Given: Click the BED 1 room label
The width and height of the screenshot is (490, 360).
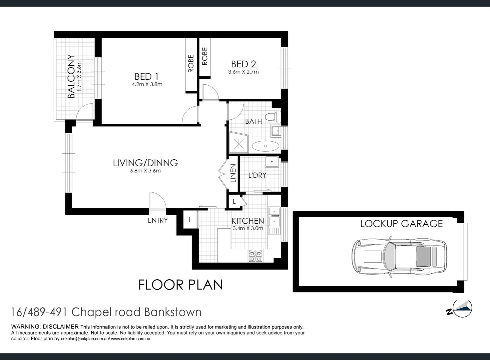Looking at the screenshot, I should (x=147, y=76).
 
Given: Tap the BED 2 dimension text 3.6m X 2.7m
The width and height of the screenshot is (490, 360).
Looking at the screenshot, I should (x=243, y=72).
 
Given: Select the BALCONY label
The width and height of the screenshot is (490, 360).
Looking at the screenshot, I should (x=71, y=76).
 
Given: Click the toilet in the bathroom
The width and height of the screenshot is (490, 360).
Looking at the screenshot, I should (x=275, y=117).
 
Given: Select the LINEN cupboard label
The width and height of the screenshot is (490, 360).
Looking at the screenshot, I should (x=233, y=173).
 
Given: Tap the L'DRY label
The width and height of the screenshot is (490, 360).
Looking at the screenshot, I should (x=257, y=175).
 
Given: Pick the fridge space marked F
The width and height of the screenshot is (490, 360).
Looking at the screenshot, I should (x=190, y=220).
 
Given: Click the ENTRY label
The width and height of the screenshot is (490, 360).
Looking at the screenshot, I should (x=158, y=220).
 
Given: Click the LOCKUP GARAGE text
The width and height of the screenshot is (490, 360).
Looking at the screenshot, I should (x=401, y=224).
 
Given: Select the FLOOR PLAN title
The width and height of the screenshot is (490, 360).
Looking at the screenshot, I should (x=180, y=285).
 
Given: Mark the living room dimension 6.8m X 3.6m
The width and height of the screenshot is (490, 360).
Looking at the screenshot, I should (x=145, y=171).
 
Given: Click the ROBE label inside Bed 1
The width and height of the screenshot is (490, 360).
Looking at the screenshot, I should (x=191, y=63).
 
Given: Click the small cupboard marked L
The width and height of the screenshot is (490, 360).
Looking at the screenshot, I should (x=234, y=201).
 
